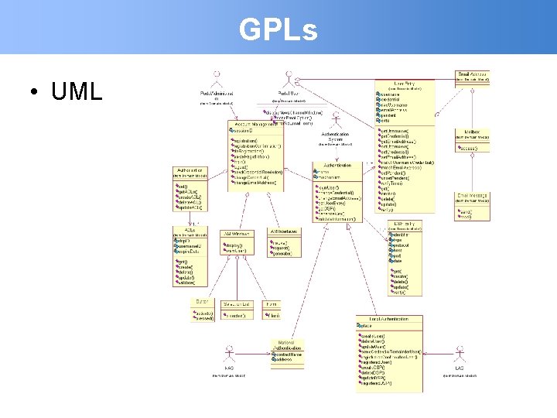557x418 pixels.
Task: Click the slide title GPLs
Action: (278, 30)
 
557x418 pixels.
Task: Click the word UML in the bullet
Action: (77, 91)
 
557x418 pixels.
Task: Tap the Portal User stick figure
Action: (289, 79)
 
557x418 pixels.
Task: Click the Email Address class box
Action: (472, 77)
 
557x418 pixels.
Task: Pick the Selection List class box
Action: (236, 310)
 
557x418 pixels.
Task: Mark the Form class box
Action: (272, 310)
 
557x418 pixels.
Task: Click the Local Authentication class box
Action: (389, 353)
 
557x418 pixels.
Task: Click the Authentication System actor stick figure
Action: (336, 122)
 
